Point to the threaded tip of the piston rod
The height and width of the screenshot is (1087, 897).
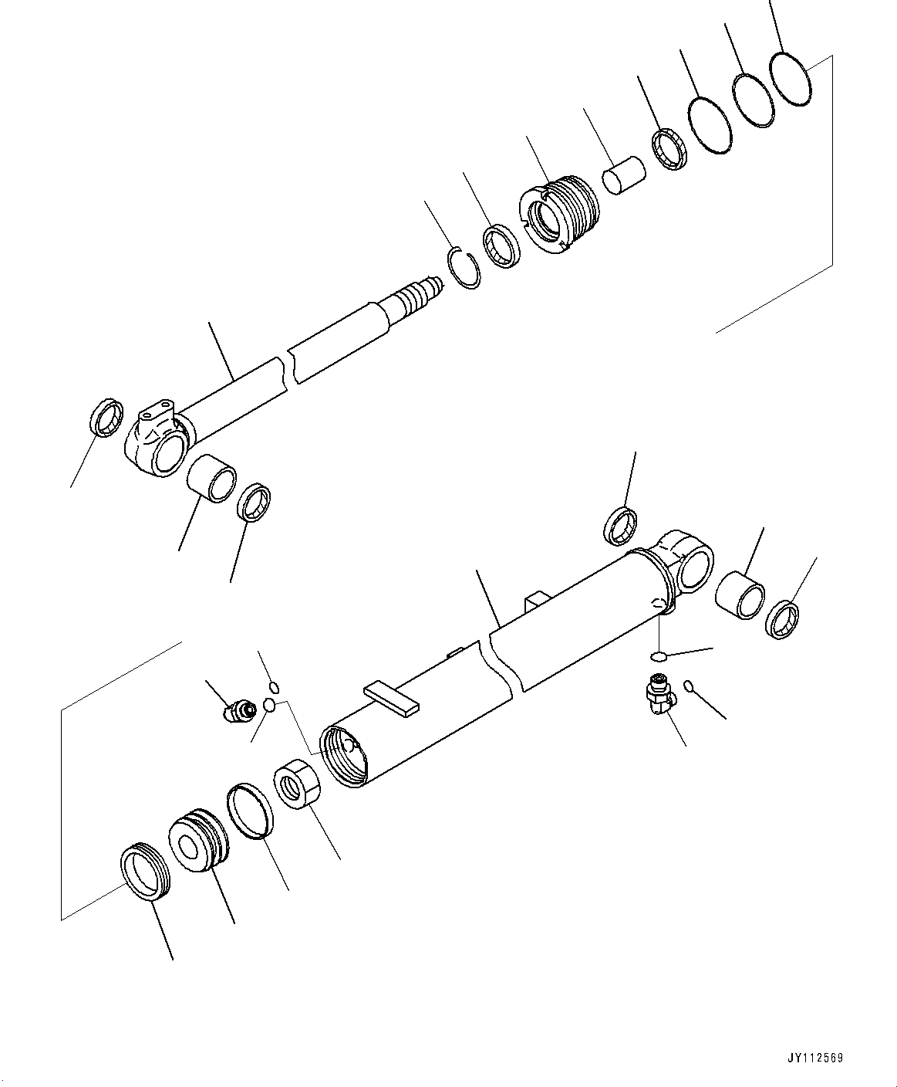pos(421,295)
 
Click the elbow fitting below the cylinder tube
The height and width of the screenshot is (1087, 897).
pos(658,693)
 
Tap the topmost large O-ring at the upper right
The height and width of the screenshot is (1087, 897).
pos(791,79)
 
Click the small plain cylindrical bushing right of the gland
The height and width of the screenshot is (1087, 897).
pos(623,175)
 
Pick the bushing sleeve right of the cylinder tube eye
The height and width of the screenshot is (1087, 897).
pos(740,594)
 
